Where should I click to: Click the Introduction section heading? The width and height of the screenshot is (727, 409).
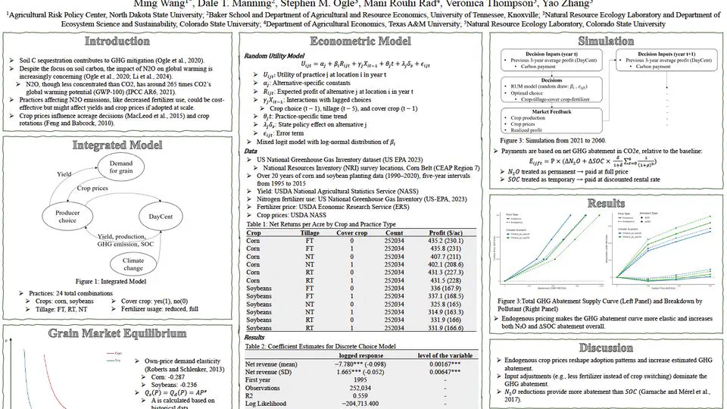[117, 42]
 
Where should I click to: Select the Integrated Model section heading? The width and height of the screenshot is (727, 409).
[117, 145]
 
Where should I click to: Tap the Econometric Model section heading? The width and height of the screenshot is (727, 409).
[363, 42]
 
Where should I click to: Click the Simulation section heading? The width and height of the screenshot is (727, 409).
[606, 42]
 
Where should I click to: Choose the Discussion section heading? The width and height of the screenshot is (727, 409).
[606, 348]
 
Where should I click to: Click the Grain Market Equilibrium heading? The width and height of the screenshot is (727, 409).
[117, 333]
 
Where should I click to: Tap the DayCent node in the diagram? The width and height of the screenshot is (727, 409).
[160, 217]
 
